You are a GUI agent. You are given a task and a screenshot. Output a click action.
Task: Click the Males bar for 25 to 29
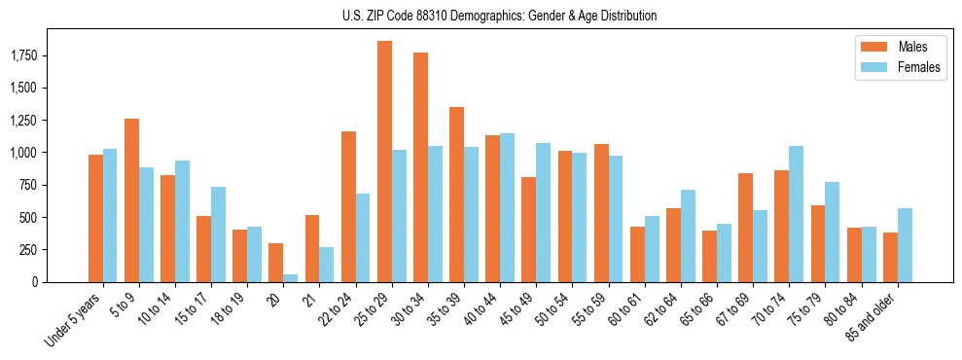384,162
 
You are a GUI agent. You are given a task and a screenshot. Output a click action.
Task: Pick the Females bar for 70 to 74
796,214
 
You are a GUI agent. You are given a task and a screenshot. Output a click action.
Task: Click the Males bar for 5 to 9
131,200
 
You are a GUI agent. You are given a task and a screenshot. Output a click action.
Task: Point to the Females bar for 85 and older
905,245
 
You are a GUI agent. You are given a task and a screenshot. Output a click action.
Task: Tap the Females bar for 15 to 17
218,234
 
